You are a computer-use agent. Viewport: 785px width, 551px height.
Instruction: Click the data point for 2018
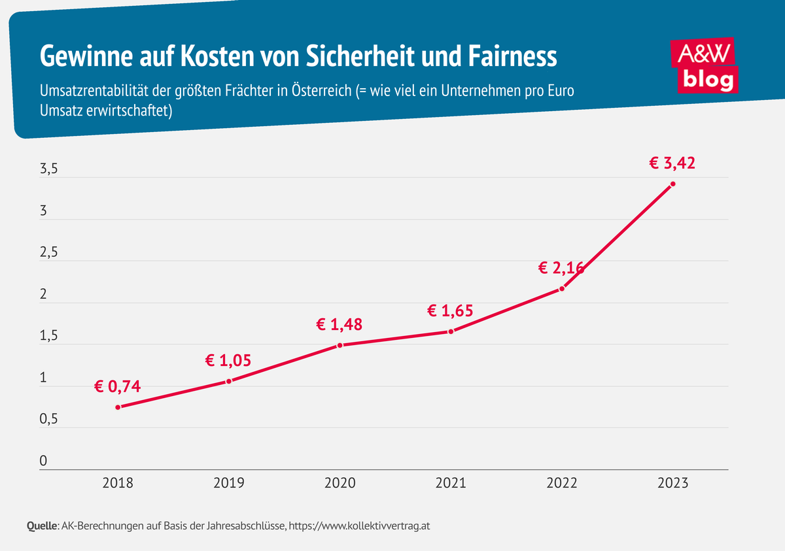[118, 407]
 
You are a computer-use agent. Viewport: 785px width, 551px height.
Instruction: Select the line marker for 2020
[340, 345]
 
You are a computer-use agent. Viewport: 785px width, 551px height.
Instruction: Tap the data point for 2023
[672, 184]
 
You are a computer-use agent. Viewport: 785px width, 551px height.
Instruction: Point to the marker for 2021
[451, 331]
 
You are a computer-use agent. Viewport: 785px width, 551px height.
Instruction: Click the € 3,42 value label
[672, 163]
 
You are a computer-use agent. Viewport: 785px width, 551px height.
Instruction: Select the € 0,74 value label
[117, 386]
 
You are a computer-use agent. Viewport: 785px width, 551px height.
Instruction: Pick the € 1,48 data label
[340, 324]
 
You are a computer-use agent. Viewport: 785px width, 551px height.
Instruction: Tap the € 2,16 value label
[561, 267]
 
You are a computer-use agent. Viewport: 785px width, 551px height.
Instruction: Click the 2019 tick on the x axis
[229, 483]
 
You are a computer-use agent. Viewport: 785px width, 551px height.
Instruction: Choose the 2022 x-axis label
[562, 483]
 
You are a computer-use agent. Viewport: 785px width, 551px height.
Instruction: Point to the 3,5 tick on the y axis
[49, 169]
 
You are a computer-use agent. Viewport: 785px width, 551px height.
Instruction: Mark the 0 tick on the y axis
[43, 461]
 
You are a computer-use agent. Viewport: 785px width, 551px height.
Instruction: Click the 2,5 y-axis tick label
[49, 252]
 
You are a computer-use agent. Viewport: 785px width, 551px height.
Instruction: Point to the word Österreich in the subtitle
[319, 90]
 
